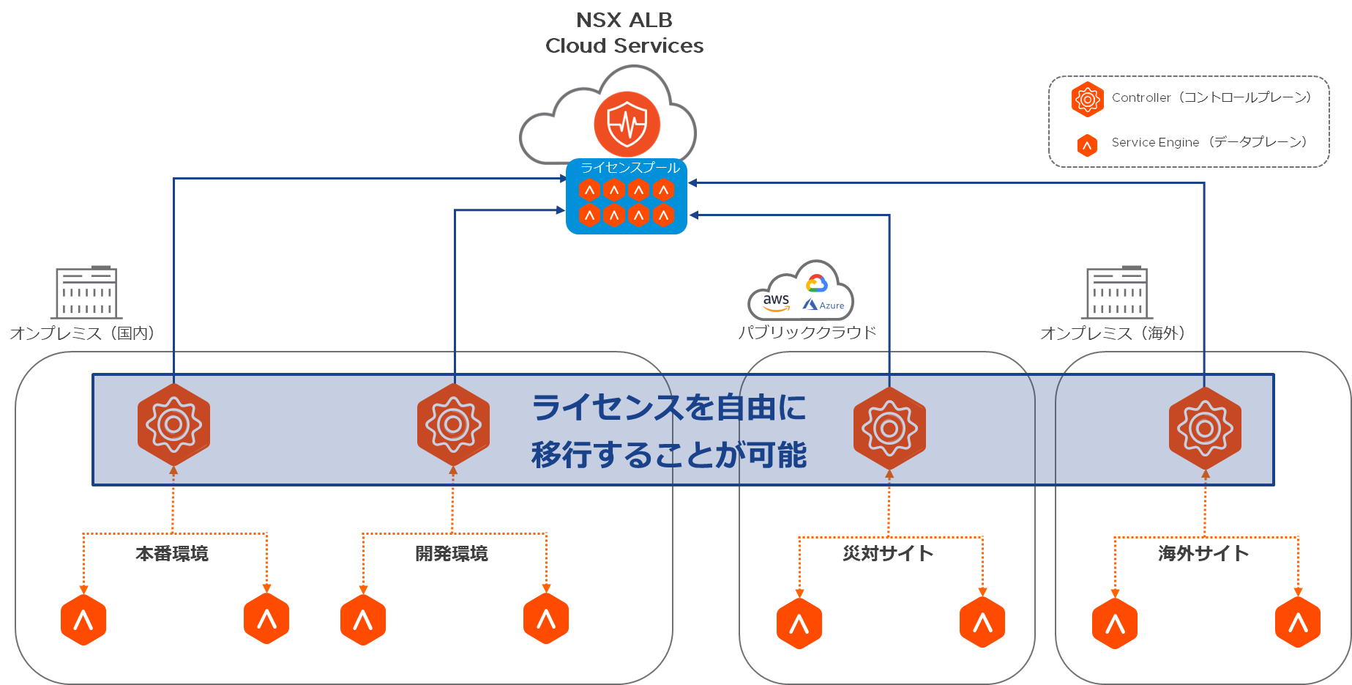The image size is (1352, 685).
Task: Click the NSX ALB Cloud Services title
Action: click(624, 33)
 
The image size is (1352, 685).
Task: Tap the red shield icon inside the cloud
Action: click(627, 125)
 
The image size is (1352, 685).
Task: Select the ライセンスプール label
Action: click(630, 168)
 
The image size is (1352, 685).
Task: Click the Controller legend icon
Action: click(1087, 99)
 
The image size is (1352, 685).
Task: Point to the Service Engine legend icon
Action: click(1087, 145)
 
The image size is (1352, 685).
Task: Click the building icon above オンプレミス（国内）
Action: click(86, 292)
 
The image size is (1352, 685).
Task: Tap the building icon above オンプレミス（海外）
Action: click(1117, 292)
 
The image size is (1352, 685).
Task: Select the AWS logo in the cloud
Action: click(776, 301)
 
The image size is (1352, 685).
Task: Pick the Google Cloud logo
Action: click(816, 283)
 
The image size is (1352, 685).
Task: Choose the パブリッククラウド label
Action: click(807, 333)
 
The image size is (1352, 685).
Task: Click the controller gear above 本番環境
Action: click(173, 424)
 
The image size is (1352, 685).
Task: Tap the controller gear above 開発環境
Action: click(453, 424)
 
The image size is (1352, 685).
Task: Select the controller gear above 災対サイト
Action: click(889, 428)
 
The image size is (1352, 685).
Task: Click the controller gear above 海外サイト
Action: click(1205, 428)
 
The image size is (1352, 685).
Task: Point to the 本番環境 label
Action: click(172, 553)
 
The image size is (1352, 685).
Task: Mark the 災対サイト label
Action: click(888, 553)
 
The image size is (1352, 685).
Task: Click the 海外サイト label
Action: click(1203, 553)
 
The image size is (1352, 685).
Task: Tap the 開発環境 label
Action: click(452, 553)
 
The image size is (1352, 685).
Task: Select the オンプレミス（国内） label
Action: click(83, 333)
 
